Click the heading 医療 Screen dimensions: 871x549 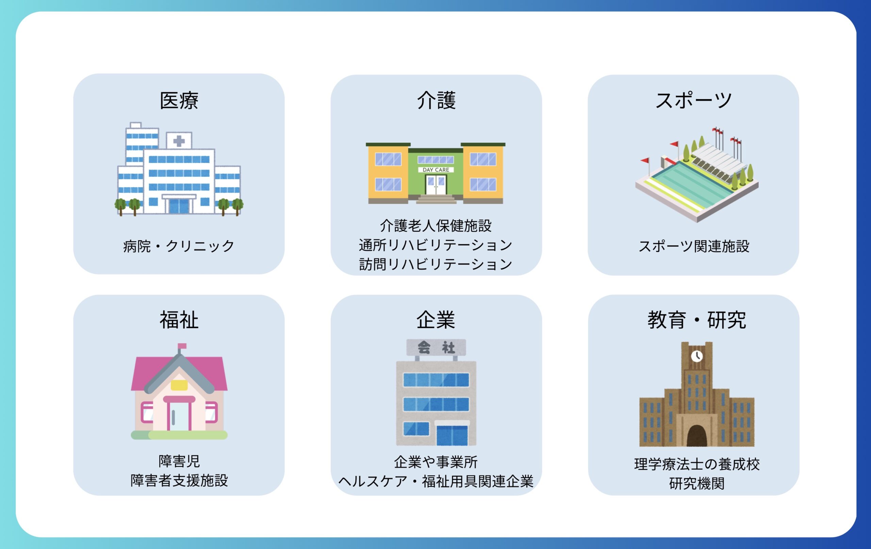pyautogui.click(x=179, y=100)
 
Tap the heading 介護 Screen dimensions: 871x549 pyautogui.click(x=436, y=100)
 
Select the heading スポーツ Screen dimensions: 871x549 pyautogui.click(x=693, y=100)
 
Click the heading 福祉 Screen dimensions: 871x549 pyautogui.click(x=179, y=320)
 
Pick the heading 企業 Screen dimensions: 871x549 pyautogui.click(x=436, y=320)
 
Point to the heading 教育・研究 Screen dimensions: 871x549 pyautogui.click(x=697, y=320)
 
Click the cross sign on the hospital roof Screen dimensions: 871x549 pyautogui.click(x=179, y=141)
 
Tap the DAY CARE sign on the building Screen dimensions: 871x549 pyautogui.click(x=436, y=170)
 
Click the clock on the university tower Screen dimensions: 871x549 pyautogui.click(x=697, y=356)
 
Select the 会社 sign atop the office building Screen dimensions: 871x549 pyautogui.click(x=436, y=348)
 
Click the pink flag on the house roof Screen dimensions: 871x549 pyautogui.click(x=182, y=346)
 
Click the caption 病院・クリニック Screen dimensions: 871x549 pyautogui.click(x=179, y=246)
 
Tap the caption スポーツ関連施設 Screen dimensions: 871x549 pyautogui.click(x=694, y=246)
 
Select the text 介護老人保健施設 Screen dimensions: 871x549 pyautogui.click(x=436, y=226)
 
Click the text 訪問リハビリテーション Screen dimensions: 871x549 pyautogui.click(x=436, y=264)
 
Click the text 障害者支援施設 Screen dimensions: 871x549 pyautogui.click(x=179, y=481)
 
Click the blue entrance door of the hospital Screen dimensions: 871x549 pyautogui.click(x=179, y=206)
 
